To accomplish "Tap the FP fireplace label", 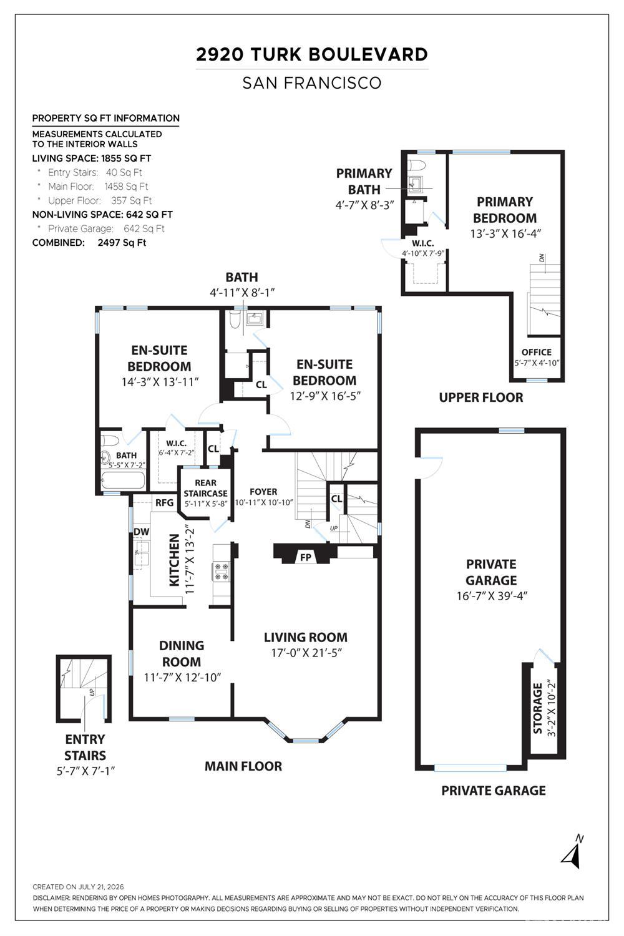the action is pos(306,557).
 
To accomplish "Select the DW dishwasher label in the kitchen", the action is pos(141,532).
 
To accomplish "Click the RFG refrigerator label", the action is pos(164,503).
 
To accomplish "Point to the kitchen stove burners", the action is pos(221,572).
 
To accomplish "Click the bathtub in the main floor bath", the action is pos(124,480).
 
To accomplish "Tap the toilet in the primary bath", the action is pos(416,165).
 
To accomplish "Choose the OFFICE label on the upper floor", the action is pos(536,352).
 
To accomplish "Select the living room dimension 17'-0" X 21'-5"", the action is pos(306,653).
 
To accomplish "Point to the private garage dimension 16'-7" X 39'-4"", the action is pos(492,595).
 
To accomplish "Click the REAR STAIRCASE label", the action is pos(206,488).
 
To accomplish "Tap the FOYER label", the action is pos(263,492).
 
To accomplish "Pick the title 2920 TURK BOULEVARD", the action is pos(312,54).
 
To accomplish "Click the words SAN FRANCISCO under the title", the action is pos(312,83).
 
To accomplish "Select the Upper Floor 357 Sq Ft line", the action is pos(99,200).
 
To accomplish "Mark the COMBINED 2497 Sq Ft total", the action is pos(89,243).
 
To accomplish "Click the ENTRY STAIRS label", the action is pos(85,747).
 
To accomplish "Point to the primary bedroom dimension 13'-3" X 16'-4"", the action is pos(505,233).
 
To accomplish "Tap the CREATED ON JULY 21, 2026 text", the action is pos(78,887).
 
